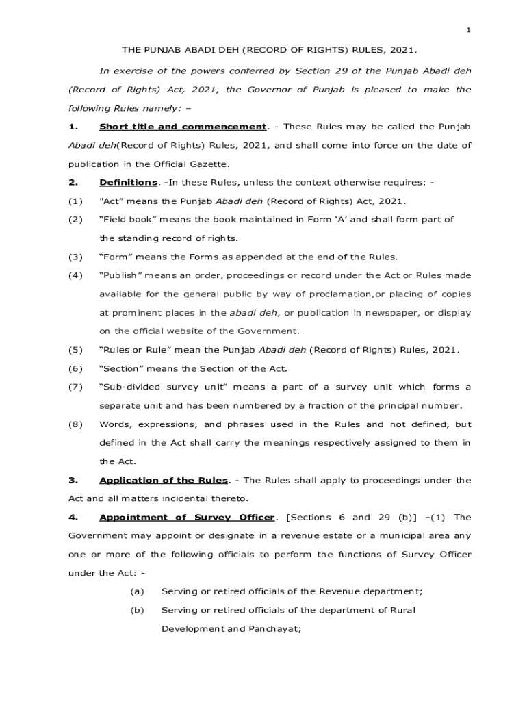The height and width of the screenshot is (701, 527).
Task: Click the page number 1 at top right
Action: coord(469,30)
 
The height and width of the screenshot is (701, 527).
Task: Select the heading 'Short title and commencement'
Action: coord(182,127)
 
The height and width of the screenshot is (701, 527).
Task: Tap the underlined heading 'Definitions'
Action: coord(128,183)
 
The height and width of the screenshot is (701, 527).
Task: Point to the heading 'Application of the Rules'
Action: coord(164,480)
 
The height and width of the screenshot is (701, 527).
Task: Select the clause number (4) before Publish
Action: coord(75,275)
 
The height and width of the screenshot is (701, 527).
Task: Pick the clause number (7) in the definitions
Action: coord(75,387)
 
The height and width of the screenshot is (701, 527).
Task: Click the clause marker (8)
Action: coord(75,424)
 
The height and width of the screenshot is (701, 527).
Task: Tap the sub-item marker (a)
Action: coord(137,591)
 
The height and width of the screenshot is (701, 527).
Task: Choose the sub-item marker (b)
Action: coord(137,610)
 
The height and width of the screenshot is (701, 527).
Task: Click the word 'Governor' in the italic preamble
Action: coord(270,90)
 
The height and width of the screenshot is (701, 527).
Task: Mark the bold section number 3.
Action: coord(71,480)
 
